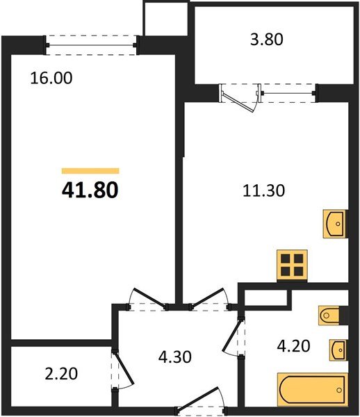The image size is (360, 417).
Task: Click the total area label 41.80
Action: pos(90,189)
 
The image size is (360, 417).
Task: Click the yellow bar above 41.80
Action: pos(90,170)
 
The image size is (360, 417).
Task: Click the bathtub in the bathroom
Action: pos(312,390)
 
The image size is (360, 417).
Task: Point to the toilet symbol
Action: pos(330,316)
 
